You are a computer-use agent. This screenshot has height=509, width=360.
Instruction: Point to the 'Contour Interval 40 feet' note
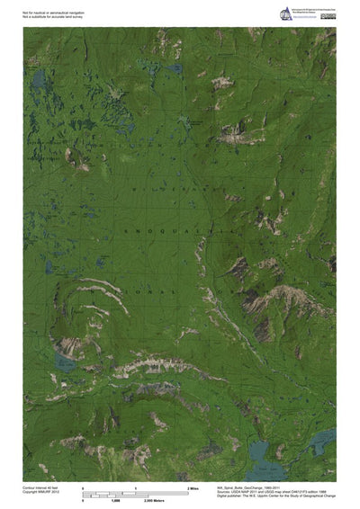(x=41, y=486)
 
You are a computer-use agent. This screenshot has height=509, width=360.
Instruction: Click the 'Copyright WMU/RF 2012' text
(x=41, y=491)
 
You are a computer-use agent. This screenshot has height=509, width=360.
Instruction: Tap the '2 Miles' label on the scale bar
(x=192, y=487)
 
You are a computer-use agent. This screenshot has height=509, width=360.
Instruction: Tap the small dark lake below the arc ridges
(x=65, y=362)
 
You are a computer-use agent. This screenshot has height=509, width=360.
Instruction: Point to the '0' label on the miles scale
(x=83, y=487)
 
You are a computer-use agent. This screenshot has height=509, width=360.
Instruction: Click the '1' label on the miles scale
(x=135, y=487)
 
